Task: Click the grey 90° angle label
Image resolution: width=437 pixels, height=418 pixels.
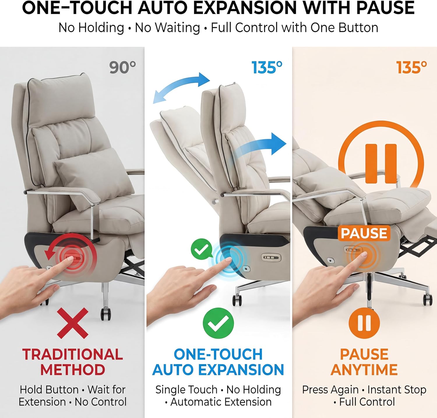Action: coord(122,68)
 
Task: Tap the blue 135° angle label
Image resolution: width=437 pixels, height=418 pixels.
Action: coord(267,68)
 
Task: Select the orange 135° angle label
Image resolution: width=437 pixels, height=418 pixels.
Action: coord(411,68)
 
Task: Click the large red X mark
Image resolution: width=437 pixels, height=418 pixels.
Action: coord(73,323)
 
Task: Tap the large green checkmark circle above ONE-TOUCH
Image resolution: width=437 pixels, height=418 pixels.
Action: coord(218,322)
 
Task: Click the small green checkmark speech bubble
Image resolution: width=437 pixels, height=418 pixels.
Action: coord(201,248)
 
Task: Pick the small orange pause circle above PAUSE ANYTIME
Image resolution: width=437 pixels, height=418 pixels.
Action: coord(364,323)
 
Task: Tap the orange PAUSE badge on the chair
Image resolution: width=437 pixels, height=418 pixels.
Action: coord(364,233)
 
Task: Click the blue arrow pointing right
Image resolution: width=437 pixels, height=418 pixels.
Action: coord(262,146)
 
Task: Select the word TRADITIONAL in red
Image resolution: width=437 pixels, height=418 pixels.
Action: coord(73,355)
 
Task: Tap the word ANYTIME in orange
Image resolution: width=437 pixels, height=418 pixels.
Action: coord(364,370)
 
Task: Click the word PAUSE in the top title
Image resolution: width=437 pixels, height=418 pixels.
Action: coord(385,8)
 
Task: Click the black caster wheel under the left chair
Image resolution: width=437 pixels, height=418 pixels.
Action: coord(106,314)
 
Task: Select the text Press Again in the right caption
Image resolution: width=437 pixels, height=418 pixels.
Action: coord(330,389)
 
